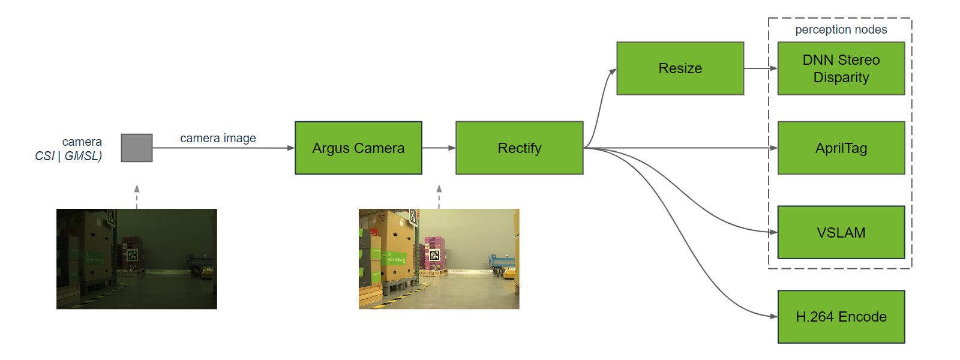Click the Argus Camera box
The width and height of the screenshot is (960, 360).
358,148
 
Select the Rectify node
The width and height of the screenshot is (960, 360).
519,148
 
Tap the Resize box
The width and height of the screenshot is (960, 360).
680,68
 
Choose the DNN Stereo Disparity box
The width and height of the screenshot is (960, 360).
841,68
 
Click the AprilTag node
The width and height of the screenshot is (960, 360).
841,148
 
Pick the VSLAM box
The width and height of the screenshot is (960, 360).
841,232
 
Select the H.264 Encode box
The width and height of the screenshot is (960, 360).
841,317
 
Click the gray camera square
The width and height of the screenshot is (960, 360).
137,148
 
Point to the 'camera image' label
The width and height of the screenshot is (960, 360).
218,138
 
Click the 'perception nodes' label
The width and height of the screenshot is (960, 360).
841,29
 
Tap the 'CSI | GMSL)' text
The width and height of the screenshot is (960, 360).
68,156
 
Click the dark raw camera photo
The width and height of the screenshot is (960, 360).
137,259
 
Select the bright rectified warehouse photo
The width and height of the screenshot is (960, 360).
439,259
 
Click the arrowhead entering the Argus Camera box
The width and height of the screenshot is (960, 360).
291,148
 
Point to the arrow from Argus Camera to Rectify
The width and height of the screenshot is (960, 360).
439,148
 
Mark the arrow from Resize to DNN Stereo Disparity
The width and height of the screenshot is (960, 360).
760,68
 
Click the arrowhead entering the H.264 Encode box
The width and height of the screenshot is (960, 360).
773,316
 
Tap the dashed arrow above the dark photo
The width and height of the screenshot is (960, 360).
137,196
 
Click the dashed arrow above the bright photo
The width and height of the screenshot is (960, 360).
439,196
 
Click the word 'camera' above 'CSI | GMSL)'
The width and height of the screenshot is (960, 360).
82,142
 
